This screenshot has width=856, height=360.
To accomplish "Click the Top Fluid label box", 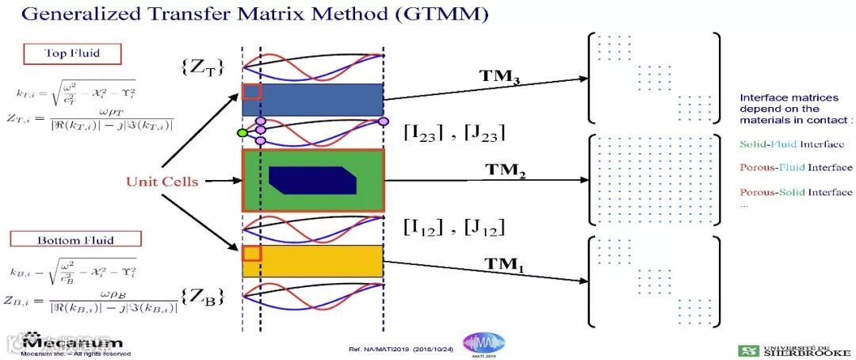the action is click(71, 54).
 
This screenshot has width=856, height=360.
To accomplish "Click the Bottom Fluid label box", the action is click(75, 239).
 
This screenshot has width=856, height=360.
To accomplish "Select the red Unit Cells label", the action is click(162, 182).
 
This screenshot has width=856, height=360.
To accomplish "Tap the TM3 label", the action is click(499, 76).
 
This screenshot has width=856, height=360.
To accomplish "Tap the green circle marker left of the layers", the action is click(243, 132).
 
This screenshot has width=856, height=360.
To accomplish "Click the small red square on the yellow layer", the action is click(251, 253).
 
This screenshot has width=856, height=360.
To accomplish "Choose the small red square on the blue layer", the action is click(251, 91).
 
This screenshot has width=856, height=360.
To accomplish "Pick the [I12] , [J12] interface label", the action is click(454, 228).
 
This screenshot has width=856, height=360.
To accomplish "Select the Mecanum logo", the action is click(72, 342).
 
